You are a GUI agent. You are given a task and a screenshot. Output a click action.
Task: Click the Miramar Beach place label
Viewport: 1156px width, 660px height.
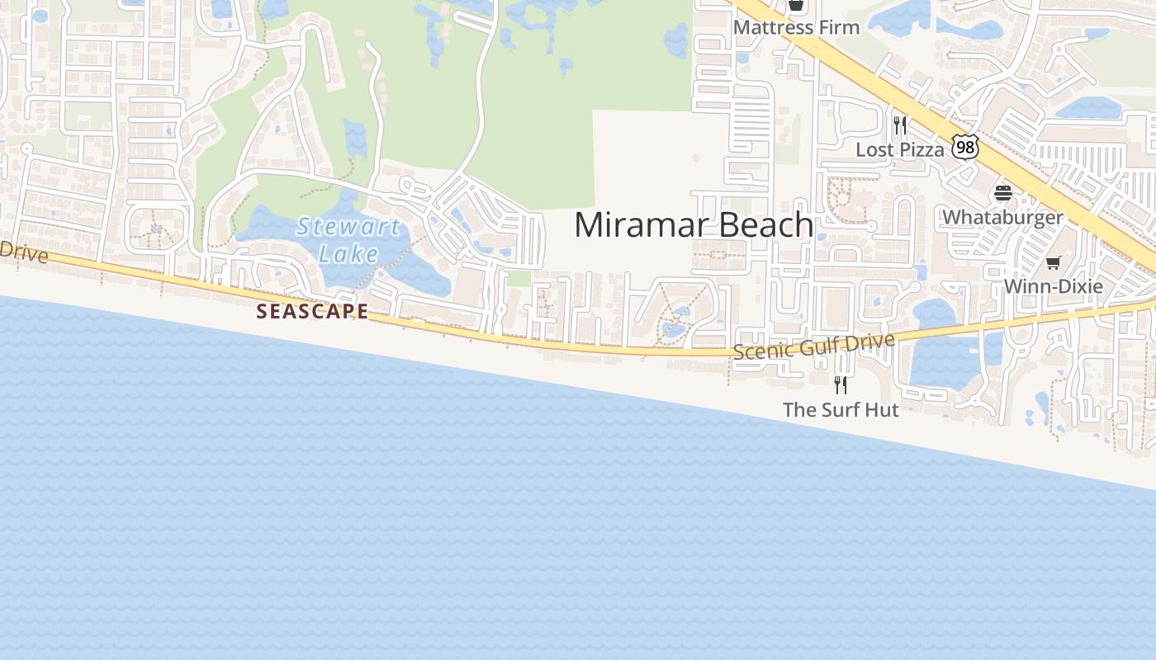(x=694, y=225)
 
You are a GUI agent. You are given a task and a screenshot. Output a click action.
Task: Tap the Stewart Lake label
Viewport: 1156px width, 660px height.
(x=348, y=239)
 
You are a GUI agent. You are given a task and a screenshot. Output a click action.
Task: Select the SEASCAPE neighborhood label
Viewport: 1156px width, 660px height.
(x=312, y=311)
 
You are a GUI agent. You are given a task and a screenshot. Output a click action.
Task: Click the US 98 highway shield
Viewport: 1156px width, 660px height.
(x=964, y=148)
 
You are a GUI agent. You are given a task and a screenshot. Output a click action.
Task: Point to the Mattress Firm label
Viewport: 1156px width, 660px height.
(x=796, y=27)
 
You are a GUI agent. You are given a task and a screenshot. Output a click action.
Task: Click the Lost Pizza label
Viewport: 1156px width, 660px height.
(x=899, y=150)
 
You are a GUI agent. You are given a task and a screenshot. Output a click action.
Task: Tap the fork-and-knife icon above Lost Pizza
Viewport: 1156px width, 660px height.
(x=900, y=125)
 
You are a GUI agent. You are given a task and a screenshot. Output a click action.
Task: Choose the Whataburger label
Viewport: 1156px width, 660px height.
(x=1002, y=218)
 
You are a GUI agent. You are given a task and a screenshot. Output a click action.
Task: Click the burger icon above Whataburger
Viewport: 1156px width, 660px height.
(x=1003, y=194)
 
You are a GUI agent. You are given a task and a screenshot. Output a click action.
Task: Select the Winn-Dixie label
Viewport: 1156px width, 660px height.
(x=1053, y=286)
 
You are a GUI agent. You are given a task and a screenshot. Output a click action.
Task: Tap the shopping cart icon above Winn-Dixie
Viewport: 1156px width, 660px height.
(x=1053, y=263)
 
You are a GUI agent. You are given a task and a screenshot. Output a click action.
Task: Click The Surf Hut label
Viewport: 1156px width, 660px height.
(x=841, y=409)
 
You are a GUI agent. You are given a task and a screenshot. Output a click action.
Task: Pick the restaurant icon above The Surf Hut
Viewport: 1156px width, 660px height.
(x=841, y=384)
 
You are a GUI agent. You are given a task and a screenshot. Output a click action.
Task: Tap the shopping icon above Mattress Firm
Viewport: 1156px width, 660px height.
(x=795, y=6)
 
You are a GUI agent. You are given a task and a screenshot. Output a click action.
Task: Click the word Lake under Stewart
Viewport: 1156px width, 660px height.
(x=348, y=253)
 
